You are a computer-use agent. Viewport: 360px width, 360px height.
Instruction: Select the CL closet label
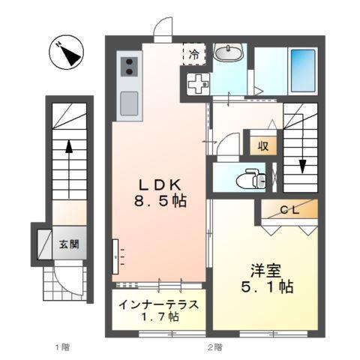[289, 211]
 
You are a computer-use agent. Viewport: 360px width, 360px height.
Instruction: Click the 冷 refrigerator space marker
[193, 54]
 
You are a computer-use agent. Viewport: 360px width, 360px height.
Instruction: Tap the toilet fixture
[247, 178]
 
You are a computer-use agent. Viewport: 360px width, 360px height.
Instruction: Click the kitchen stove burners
[127, 66]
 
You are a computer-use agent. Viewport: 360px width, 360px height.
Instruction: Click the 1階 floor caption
[62, 346]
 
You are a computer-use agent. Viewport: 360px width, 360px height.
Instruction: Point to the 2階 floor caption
[214, 346]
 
